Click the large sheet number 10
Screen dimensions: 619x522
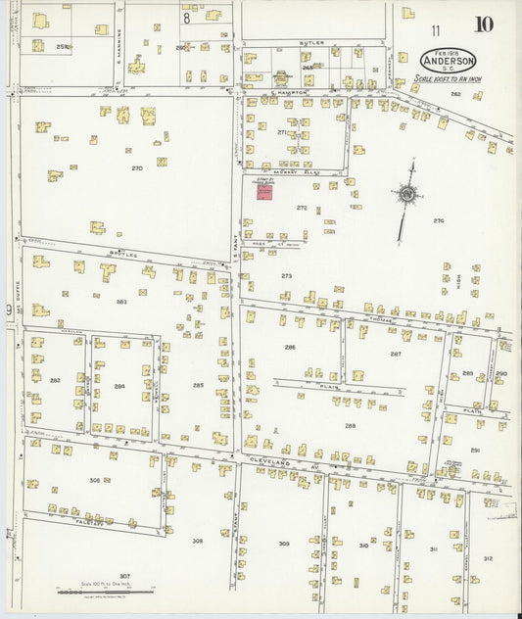click(484, 24)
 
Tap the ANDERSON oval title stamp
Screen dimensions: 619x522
click(448, 59)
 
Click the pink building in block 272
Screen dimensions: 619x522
click(264, 191)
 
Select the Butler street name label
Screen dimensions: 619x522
click(313, 43)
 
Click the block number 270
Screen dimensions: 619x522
click(137, 168)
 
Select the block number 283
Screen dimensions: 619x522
click(121, 302)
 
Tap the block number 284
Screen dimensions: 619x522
click(119, 386)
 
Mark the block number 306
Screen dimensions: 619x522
click(94, 480)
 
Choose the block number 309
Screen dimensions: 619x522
click(284, 544)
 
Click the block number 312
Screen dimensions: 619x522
click(488, 558)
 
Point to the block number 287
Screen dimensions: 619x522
click(396, 354)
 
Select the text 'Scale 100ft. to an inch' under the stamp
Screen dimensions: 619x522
click(449, 78)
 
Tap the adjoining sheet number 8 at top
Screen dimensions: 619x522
click(185, 17)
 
